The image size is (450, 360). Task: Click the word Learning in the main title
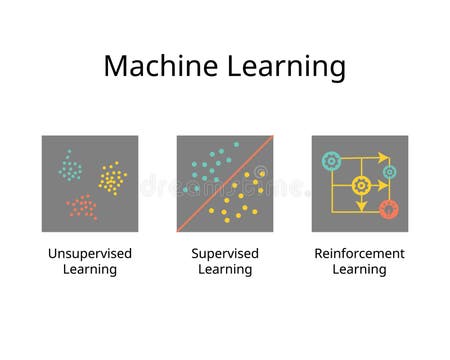pyautogui.click(x=283, y=68)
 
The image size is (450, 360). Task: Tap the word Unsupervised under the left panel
pyautogui.click(x=90, y=253)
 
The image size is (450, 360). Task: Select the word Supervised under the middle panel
pyautogui.click(x=225, y=253)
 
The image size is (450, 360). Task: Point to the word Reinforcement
pyautogui.click(x=360, y=253)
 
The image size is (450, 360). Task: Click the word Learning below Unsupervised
pyautogui.click(x=90, y=269)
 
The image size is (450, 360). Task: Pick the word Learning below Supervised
pyautogui.click(x=225, y=269)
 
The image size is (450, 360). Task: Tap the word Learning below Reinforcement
pyautogui.click(x=360, y=269)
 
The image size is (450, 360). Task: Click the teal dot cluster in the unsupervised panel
pyautogui.click(x=69, y=164)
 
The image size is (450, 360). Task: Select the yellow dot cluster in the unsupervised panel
pyautogui.click(x=112, y=179)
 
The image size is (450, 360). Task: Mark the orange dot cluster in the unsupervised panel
pyautogui.click(x=82, y=207)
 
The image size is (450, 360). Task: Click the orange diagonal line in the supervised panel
pyautogui.click(x=225, y=184)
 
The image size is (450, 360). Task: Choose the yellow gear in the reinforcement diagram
pyautogui.click(x=362, y=185)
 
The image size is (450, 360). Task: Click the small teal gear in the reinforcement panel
pyautogui.click(x=389, y=171)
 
